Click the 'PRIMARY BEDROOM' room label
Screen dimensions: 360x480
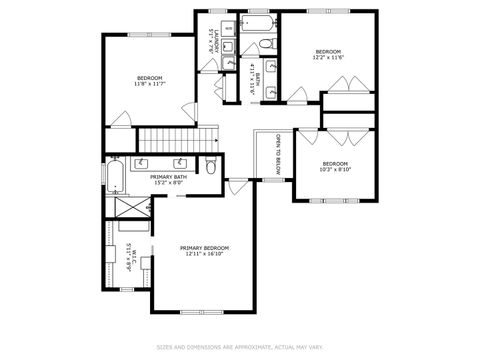pos(204,247)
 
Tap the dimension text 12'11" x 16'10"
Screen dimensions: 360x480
pos(204,254)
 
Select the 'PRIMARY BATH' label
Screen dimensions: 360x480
pos(166,176)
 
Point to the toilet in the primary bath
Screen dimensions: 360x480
pos(210,165)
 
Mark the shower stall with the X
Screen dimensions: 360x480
pos(128,207)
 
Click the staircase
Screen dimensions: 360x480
pos(176,141)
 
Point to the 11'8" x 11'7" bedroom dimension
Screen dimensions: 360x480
pos(150,84)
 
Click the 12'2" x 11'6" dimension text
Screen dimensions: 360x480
pos(329,58)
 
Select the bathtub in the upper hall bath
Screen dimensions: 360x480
pos(257,23)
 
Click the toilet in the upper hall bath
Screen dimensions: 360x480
pos(266,44)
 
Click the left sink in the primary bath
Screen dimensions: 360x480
pos(142,162)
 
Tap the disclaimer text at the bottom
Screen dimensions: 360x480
pos(240,347)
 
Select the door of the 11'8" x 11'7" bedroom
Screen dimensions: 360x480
pos(120,119)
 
